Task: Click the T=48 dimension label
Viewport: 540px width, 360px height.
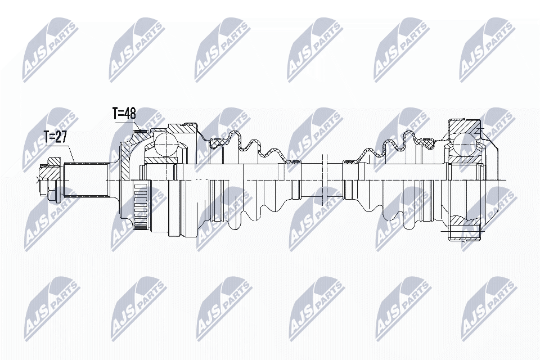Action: (124, 113)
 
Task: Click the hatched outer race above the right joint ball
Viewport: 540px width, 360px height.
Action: (463, 125)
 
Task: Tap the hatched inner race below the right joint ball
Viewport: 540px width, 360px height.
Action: (463, 160)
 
